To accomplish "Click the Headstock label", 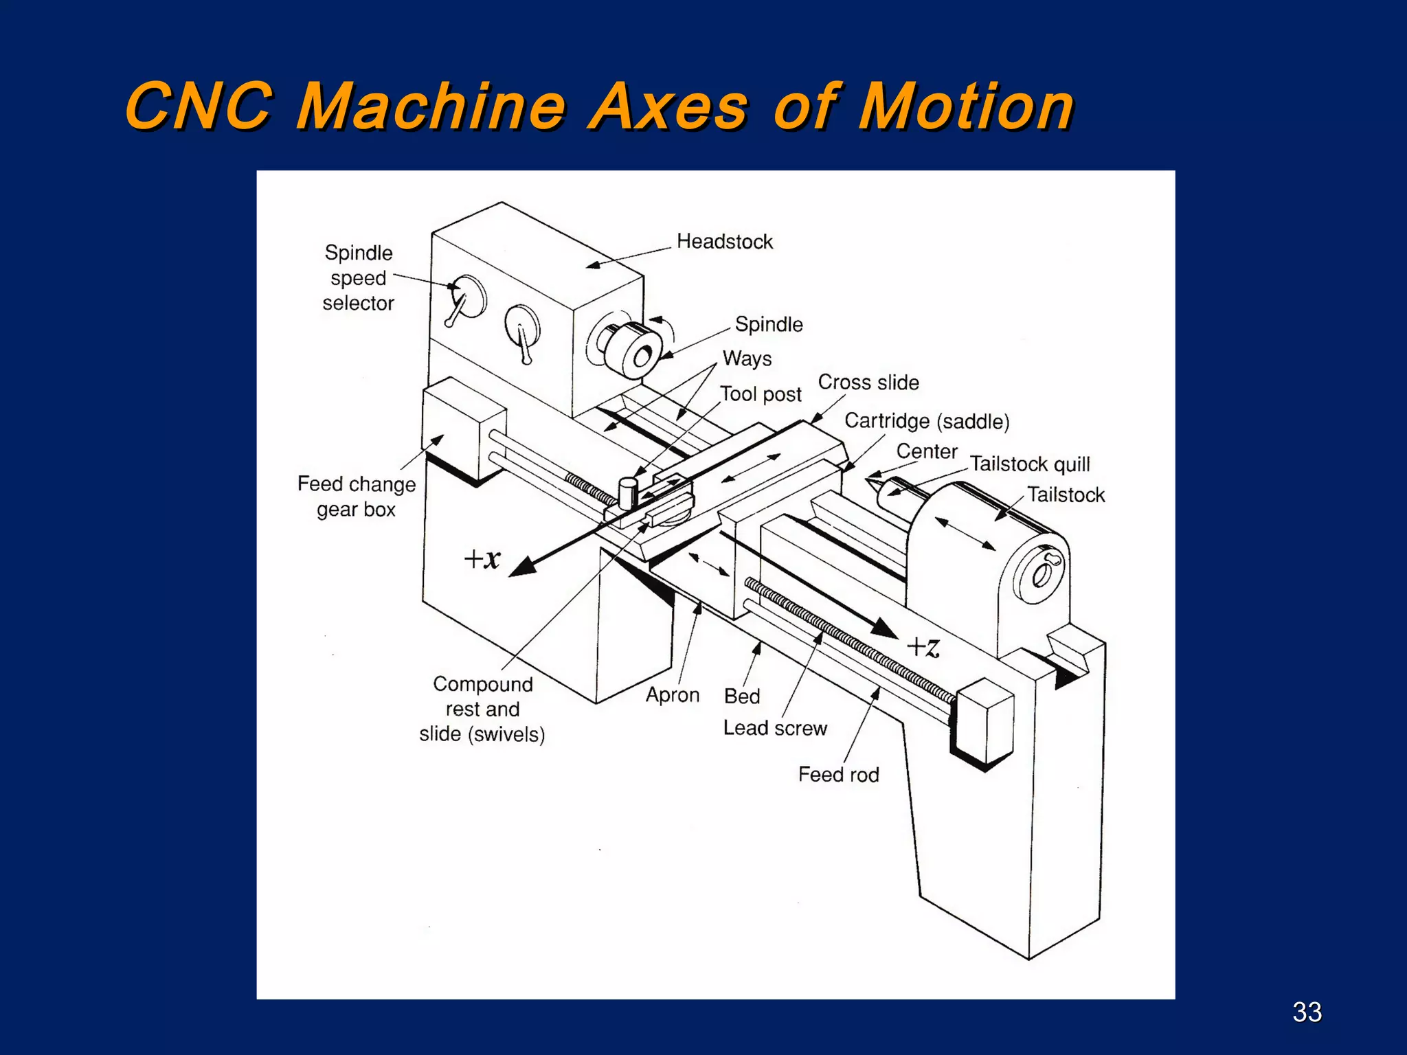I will click(x=724, y=242).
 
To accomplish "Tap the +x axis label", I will click(x=482, y=558).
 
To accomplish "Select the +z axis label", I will click(x=923, y=646).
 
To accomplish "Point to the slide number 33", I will click(x=1307, y=1012).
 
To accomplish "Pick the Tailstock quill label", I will click(x=1029, y=464).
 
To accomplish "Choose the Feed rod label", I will click(x=838, y=775).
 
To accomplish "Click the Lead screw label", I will click(x=775, y=728).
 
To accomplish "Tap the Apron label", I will click(x=672, y=695).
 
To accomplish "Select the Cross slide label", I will click(x=868, y=383).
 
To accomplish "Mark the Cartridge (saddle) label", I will click(x=927, y=421).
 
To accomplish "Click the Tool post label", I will click(x=761, y=394).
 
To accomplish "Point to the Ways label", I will click(x=747, y=359).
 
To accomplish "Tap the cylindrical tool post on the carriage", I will click(x=628, y=493).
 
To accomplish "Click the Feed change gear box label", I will click(x=356, y=497).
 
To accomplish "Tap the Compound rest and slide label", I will click(x=482, y=709).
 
